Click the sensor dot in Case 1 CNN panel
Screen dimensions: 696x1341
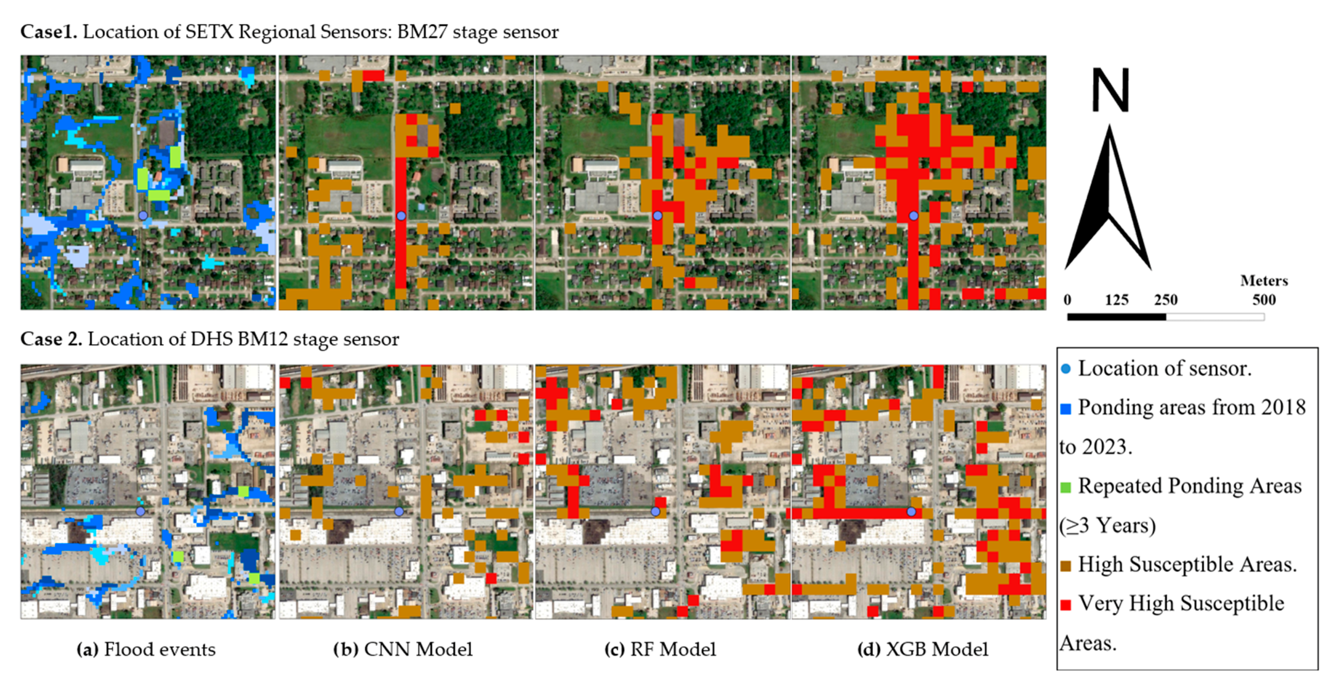tap(401, 215)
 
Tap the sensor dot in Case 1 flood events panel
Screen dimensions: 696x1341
tap(143, 215)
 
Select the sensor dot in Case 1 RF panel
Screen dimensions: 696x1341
tap(657, 215)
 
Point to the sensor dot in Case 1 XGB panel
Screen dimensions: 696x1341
tap(914, 215)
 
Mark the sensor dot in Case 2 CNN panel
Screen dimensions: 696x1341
tap(399, 511)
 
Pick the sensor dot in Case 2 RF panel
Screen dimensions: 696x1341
tap(655, 511)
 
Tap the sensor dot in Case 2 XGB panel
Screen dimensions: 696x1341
tap(912, 511)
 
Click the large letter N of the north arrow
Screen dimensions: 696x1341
tap(1110, 91)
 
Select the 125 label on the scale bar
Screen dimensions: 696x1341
tap(1116, 300)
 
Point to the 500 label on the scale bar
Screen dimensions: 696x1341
tap(1263, 300)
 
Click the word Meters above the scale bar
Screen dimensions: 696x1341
tap(1263, 281)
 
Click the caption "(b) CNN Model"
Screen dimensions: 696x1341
tap(403, 649)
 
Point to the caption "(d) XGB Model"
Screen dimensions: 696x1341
tap(922, 649)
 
